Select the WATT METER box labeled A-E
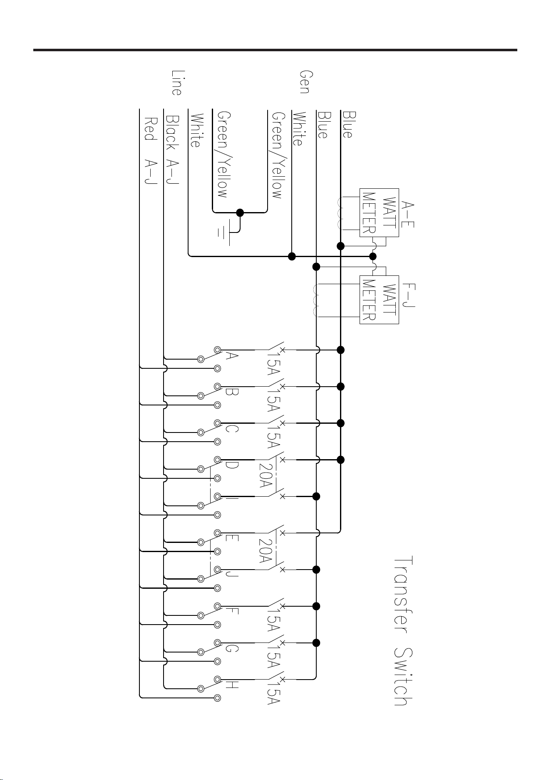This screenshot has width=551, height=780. pos(379,213)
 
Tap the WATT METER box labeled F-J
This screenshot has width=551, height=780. pos(379,300)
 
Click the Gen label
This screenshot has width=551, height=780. pos(305,82)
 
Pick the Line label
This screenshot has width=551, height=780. pos(176,82)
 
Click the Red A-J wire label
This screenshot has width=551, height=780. pos(150,152)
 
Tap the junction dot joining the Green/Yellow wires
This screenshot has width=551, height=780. pos(240,212)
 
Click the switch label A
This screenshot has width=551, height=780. pos(231,356)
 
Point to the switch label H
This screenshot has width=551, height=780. pos(232,685)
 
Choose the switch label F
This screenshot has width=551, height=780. pos(232,611)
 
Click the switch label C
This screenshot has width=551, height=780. pos(232,429)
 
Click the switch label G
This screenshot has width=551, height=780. pos(232,648)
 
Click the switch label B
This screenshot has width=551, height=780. pos(232,392)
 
